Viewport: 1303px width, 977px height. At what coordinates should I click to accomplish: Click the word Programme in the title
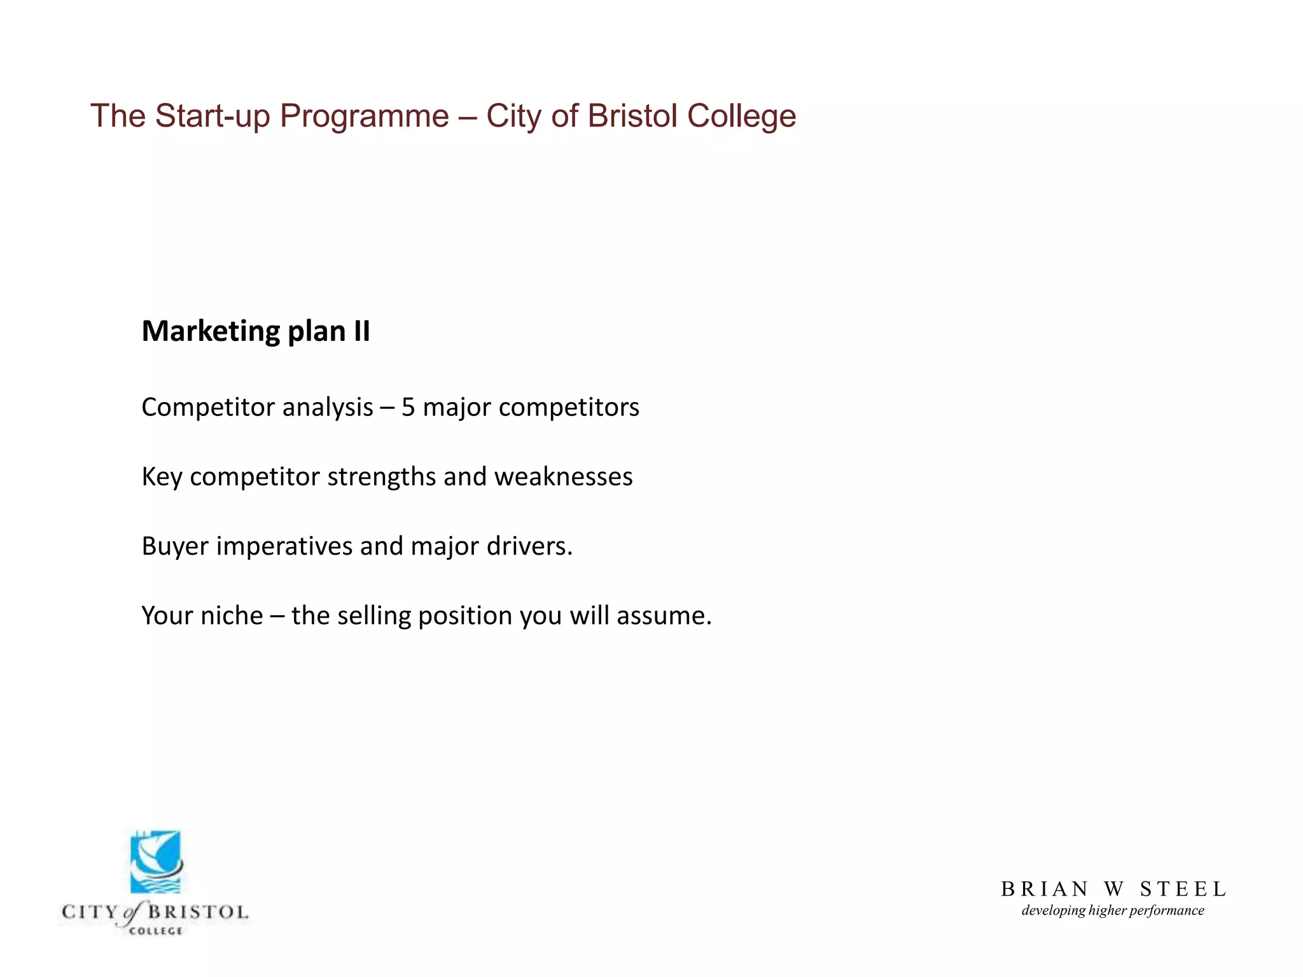pyautogui.click(x=364, y=117)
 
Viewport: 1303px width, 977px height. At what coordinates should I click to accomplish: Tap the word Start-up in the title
pyautogui.click(x=213, y=117)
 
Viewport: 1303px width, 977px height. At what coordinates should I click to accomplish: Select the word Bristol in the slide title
pyautogui.click(x=632, y=116)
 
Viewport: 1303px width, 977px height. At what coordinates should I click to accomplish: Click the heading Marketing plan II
pyautogui.click(x=256, y=331)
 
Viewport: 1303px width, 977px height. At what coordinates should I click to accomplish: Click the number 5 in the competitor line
pyautogui.click(x=408, y=408)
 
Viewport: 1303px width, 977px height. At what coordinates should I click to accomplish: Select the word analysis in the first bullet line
pyautogui.click(x=328, y=408)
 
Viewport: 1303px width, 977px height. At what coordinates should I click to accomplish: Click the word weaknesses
pyautogui.click(x=563, y=477)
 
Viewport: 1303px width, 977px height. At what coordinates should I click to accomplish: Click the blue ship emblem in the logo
pyautogui.click(x=156, y=862)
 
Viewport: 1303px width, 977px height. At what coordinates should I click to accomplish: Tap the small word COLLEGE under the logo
pyautogui.click(x=155, y=931)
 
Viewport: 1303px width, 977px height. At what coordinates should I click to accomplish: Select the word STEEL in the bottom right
pyautogui.click(x=1183, y=889)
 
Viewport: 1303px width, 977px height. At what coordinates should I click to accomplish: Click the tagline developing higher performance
pyautogui.click(x=1113, y=911)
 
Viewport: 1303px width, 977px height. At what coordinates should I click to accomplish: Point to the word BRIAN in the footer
pyautogui.click(x=1045, y=889)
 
